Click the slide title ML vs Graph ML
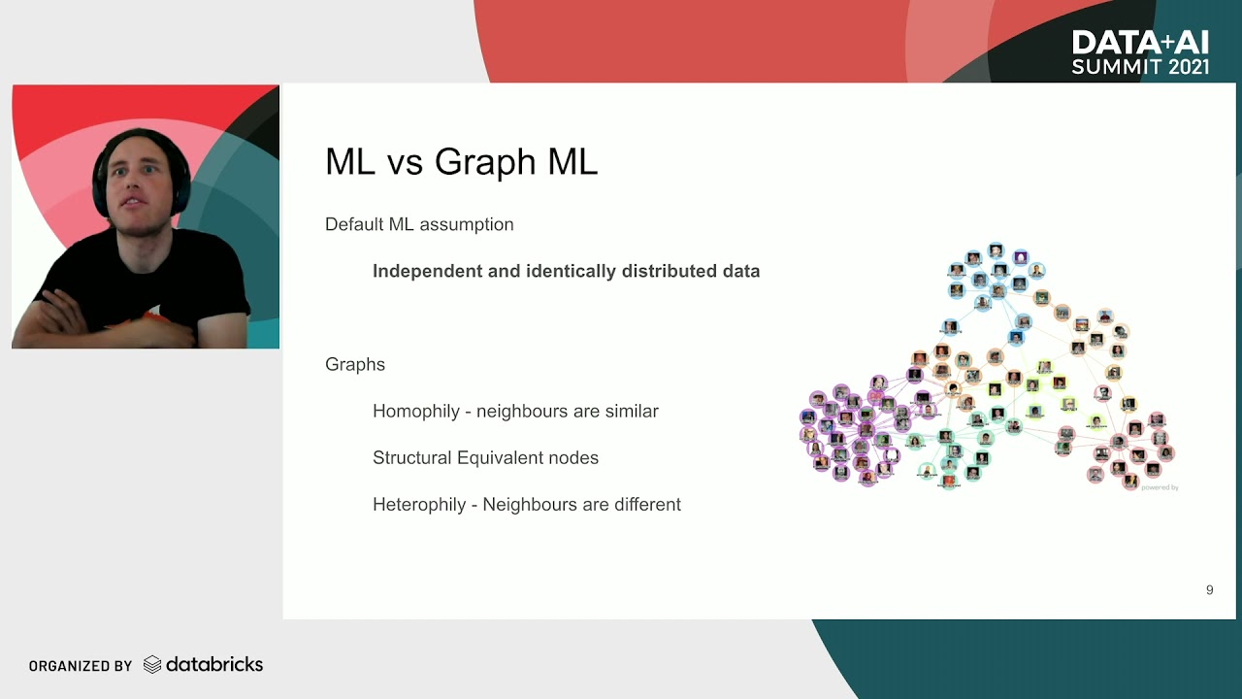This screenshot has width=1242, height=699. tap(461, 161)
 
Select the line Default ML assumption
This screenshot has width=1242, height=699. tap(419, 224)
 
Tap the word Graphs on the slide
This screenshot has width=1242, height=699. tap(355, 364)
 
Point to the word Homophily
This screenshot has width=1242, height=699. tap(416, 411)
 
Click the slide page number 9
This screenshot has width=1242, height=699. tap(1209, 589)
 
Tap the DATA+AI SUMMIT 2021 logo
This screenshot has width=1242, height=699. tap(1140, 52)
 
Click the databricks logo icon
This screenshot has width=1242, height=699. tap(152, 665)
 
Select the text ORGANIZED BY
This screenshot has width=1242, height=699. tap(81, 666)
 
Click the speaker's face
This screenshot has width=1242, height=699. tap(137, 181)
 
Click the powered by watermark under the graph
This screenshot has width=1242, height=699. tap(1160, 487)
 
